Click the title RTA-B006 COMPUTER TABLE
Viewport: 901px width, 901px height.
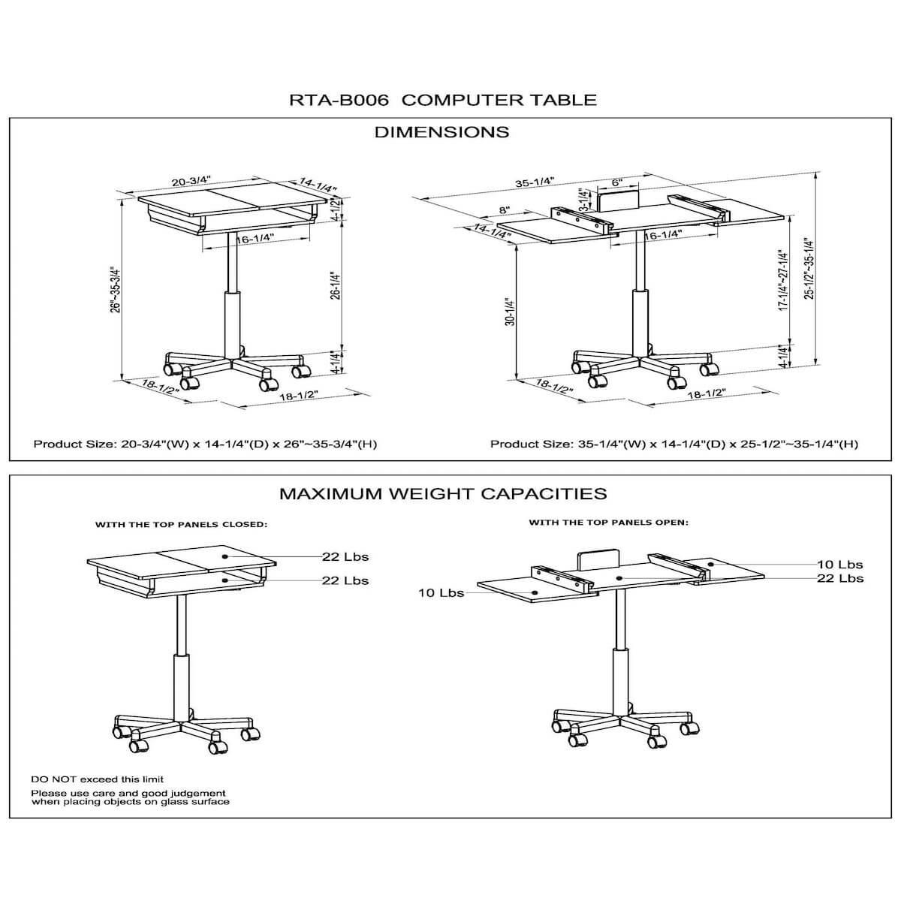pyautogui.click(x=443, y=100)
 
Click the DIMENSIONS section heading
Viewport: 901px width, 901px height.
pyautogui.click(x=441, y=132)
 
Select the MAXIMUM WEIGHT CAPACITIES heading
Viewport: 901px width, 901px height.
pyautogui.click(x=443, y=494)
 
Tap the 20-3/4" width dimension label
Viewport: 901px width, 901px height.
pyautogui.click(x=191, y=181)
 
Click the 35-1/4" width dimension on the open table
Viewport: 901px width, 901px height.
pyautogui.click(x=535, y=182)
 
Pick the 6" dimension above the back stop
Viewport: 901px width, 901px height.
pyautogui.click(x=617, y=182)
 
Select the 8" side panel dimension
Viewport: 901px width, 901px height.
pyautogui.click(x=504, y=210)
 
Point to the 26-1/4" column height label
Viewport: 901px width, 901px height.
pyautogui.click(x=336, y=285)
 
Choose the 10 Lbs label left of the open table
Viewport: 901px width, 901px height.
pyautogui.click(x=441, y=593)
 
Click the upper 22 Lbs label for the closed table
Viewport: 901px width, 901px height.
pyautogui.click(x=345, y=557)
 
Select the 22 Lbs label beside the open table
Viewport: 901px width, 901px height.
pyautogui.click(x=840, y=578)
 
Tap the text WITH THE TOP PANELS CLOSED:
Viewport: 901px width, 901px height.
pyautogui.click(x=182, y=525)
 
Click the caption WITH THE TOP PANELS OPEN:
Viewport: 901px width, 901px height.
pyautogui.click(x=609, y=523)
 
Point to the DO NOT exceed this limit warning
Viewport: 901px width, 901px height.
pyautogui.click(x=98, y=779)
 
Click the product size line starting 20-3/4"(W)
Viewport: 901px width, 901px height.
pyautogui.click(x=205, y=444)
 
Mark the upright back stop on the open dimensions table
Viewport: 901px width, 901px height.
pyautogui.click(x=619, y=199)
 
